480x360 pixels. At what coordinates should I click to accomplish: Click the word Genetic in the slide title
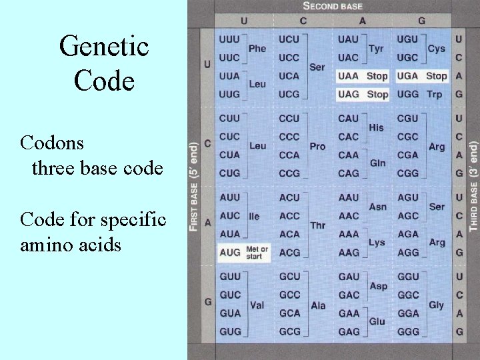[104, 47]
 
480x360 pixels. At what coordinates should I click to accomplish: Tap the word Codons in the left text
[51, 143]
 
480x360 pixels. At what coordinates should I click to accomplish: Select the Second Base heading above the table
[333, 6]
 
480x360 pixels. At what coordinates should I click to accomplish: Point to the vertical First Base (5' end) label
[193, 186]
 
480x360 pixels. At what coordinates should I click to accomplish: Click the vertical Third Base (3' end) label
[473, 186]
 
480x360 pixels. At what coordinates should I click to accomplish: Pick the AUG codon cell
[229, 253]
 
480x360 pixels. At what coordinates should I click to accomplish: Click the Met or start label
[257, 253]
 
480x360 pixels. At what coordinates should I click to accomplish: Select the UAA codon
[348, 76]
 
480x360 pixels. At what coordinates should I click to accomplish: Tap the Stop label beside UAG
[377, 95]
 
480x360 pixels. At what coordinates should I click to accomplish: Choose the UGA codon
[407, 76]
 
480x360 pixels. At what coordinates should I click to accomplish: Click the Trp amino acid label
[434, 95]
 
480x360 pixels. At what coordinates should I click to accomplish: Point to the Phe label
[257, 48]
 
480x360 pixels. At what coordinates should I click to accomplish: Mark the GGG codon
[408, 331]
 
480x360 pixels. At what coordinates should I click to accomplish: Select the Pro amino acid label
[318, 146]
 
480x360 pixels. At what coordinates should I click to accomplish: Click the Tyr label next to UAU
[376, 48]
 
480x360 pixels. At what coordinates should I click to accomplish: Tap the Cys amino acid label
[436, 48]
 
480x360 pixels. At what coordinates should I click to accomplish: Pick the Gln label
[377, 163]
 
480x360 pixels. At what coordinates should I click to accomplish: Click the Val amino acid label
[257, 305]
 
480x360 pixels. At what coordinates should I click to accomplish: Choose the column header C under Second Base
[303, 21]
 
